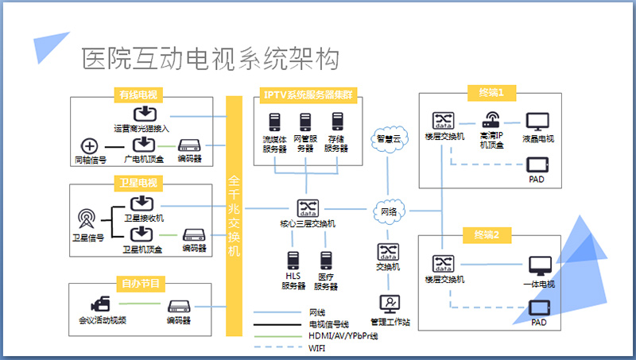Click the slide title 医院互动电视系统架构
[x=211, y=58]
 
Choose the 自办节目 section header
[x=139, y=282]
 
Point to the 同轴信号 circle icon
[x=90, y=146]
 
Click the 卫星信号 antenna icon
[x=87, y=217]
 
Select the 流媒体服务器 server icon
[x=275, y=122]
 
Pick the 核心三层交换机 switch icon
[x=307, y=208]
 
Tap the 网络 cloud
[x=389, y=211]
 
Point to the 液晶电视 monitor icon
[x=538, y=122]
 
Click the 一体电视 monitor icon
[x=540, y=265]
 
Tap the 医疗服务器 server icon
[x=325, y=259]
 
